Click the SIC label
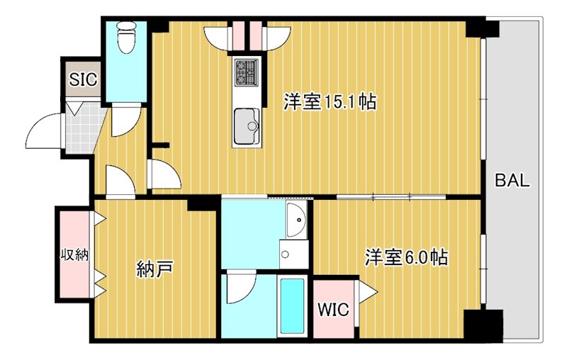83,79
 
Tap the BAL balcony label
512,180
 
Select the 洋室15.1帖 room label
330,102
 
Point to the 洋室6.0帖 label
406,257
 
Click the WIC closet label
332,310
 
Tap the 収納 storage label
73,254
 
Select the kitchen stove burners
247,71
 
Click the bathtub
292,306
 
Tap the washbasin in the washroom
296,220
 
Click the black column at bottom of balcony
483,325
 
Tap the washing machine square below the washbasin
293,254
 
